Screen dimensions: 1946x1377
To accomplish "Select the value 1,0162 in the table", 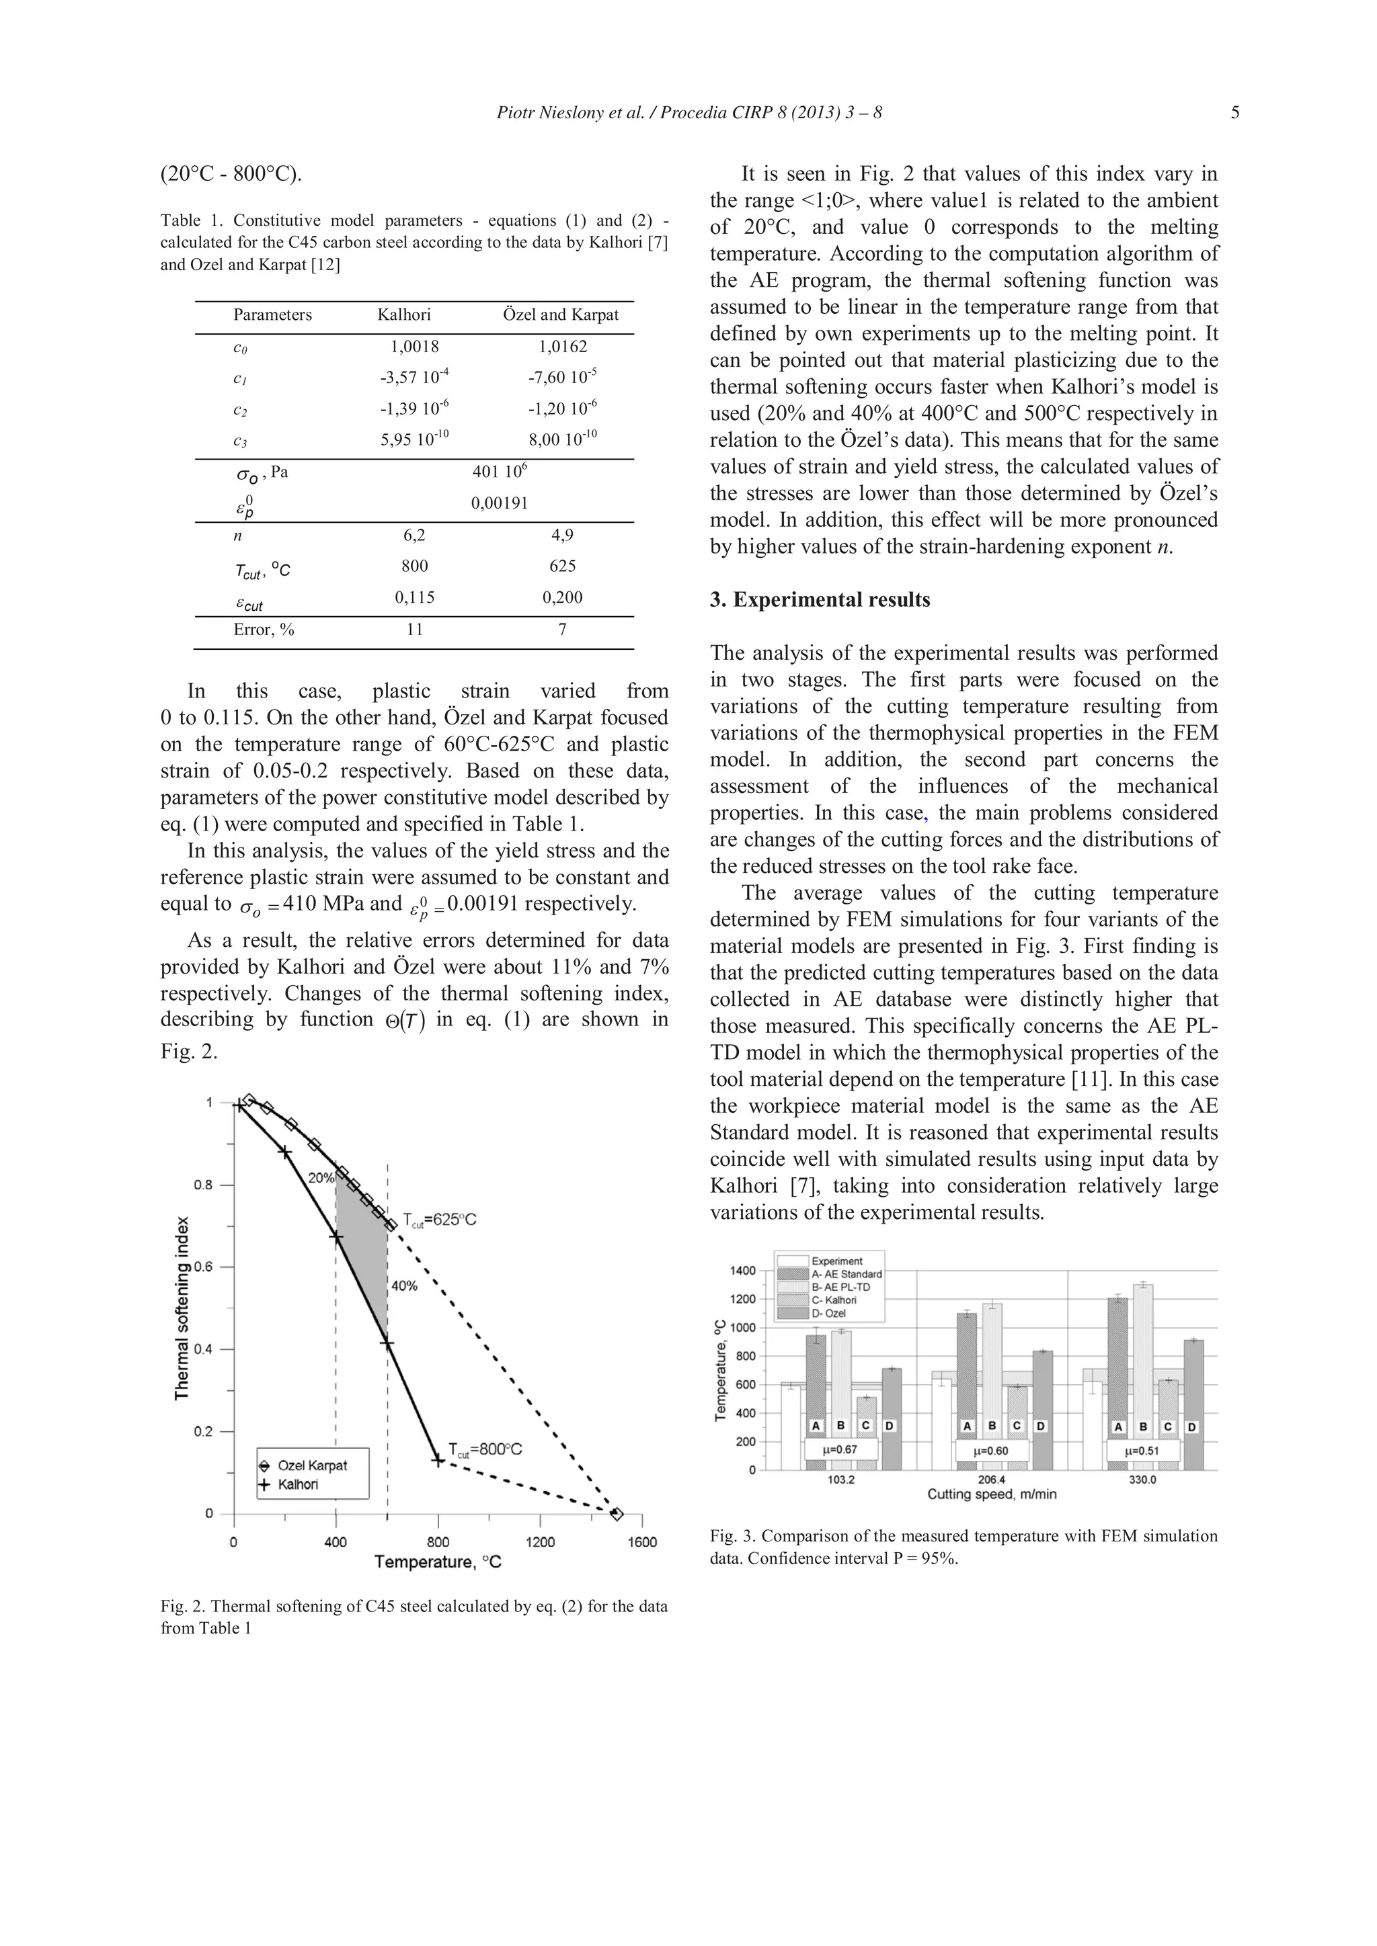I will tap(562, 347).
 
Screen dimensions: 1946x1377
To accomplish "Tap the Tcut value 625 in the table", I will tap(562, 566).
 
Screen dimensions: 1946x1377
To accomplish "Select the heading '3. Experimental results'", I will tap(819, 600).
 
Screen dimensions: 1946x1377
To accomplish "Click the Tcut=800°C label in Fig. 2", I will tap(485, 1449).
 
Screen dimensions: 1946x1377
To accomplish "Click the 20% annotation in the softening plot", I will tap(321, 1178).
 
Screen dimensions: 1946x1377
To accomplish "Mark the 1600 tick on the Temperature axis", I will tap(642, 1541).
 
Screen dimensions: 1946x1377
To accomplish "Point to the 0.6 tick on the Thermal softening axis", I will tap(204, 1267).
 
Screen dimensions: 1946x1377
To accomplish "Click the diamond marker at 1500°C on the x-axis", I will tap(617, 1514).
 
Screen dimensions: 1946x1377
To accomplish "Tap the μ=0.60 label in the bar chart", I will tap(991, 1450).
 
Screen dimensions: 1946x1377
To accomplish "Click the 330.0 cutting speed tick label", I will tap(1142, 1480).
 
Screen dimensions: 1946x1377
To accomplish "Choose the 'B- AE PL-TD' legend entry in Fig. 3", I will tap(840, 1287).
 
